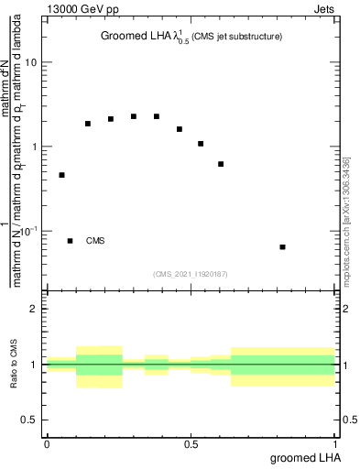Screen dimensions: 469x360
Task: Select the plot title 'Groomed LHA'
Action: click(x=134, y=37)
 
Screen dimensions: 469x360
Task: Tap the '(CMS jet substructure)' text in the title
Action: click(x=237, y=37)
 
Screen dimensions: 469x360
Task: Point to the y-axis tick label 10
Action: click(x=30, y=62)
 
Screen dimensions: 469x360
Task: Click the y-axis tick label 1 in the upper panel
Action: click(x=34, y=147)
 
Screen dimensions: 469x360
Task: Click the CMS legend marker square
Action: click(x=70, y=241)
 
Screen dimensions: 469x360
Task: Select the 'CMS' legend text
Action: click(x=95, y=241)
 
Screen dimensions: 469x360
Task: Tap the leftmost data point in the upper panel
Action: click(x=61, y=175)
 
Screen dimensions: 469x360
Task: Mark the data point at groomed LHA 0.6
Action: click(x=221, y=164)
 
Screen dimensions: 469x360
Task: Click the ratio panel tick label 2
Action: click(x=34, y=310)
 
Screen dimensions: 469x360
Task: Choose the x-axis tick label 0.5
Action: click(x=191, y=444)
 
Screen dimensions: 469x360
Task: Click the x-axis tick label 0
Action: click(x=47, y=444)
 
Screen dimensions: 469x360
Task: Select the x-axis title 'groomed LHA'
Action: click(x=303, y=458)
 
